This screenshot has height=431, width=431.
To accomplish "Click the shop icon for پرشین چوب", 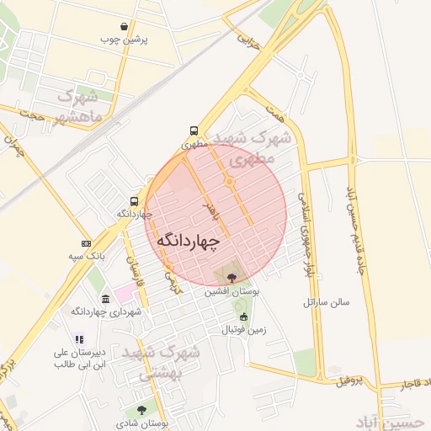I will (x=124, y=27).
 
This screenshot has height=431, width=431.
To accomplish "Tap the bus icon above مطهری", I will (x=194, y=131).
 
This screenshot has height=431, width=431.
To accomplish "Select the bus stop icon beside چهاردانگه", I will (x=134, y=201).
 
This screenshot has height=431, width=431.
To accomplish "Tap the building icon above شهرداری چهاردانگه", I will (x=105, y=300).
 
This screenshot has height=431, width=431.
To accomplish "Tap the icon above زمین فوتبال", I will (x=244, y=317).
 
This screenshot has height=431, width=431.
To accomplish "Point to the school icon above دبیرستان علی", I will (x=79, y=339).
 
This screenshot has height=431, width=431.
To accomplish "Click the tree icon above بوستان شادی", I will (x=141, y=410).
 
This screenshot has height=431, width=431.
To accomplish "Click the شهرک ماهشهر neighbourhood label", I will (x=81, y=106).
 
